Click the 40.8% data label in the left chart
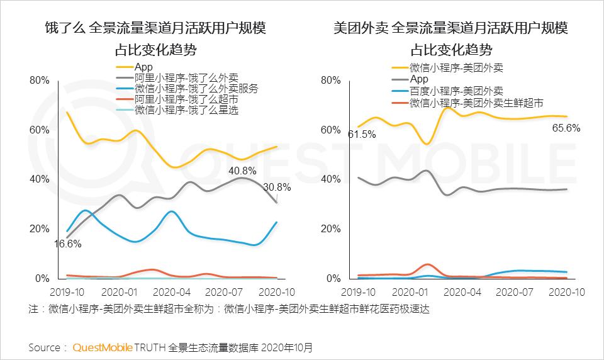pos(242,171)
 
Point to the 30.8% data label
pos(277,187)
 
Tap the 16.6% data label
pos(67,244)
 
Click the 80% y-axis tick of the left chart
pos(39,81)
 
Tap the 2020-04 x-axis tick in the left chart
pos(171,292)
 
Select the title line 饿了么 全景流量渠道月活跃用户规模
pos(155,28)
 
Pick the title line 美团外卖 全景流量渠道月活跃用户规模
pos(451,28)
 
